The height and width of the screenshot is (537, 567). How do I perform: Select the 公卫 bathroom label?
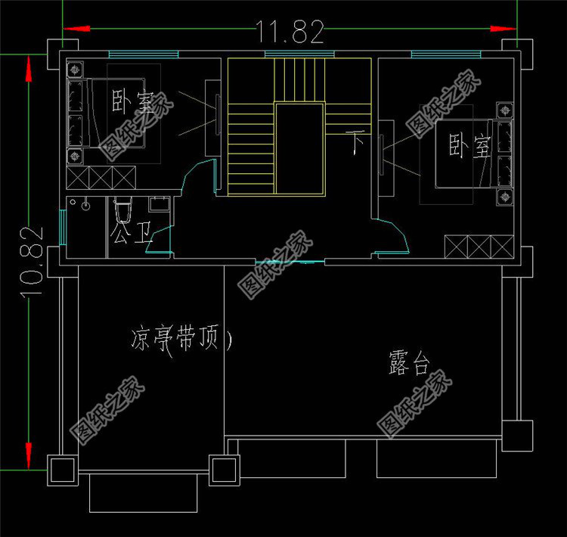tap(130, 233)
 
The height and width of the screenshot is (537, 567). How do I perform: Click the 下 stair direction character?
tap(356, 141)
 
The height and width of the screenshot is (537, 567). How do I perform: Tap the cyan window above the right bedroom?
tap(445, 54)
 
